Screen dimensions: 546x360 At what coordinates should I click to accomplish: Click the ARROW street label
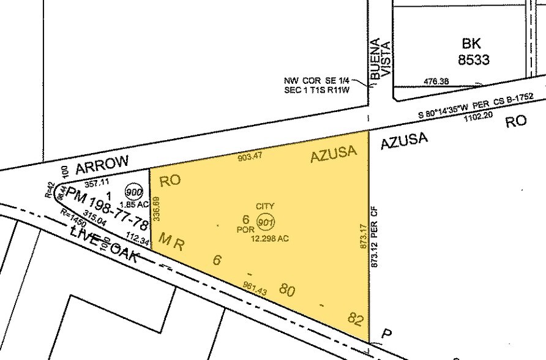coord(102,163)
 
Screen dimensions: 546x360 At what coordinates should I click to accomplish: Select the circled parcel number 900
coord(132,192)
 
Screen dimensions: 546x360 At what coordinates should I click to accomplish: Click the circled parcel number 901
coord(265,223)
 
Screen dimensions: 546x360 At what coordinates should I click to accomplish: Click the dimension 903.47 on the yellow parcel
coord(250,157)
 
